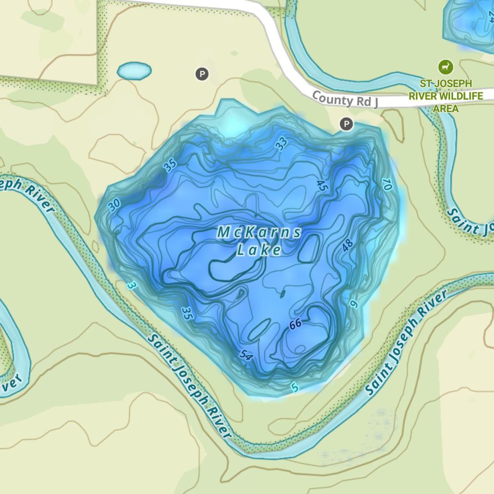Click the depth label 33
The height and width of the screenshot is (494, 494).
[282, 144]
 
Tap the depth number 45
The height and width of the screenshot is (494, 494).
[322, 186]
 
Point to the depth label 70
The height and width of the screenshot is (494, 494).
[387, 185]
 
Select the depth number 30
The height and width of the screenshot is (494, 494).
[114, 205]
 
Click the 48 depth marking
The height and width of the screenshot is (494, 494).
[347, 246]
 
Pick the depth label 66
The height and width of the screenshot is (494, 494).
[295, 324]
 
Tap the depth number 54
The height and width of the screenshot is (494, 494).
[246, 355]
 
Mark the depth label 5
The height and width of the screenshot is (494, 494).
[295, 388]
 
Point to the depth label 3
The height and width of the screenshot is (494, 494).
[130, 286]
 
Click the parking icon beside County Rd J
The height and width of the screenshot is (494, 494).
[347, 124]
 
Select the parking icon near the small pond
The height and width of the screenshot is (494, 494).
[202, 75]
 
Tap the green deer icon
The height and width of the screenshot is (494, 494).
[446, 66]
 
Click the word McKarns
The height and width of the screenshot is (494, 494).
[259, 232]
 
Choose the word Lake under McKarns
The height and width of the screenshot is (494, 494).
[259, 250]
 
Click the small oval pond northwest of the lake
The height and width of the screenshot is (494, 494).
[134, 71]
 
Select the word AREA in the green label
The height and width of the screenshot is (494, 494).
[446, 108]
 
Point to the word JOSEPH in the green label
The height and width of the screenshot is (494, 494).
[454, 83]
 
